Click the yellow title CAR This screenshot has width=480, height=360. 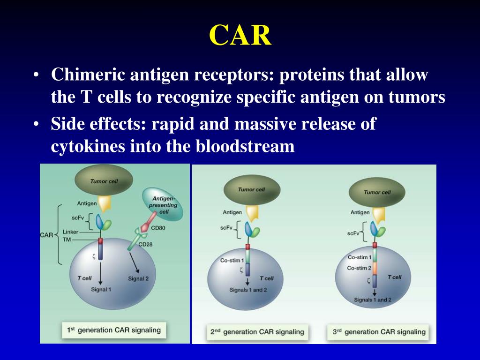coord(240,35)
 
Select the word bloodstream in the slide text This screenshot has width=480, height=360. coord(245,146)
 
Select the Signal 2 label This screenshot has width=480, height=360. coord(138,278)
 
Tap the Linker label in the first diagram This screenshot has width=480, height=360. coord(70,232)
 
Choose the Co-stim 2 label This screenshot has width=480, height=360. coord(360,268)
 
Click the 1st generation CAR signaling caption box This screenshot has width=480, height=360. coord(114,330)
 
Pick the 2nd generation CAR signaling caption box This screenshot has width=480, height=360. coord(257,332)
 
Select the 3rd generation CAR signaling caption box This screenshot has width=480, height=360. coord(379,332)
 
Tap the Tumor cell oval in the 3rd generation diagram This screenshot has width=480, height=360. coord(377,192)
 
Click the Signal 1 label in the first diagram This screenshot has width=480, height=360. coord(101,289)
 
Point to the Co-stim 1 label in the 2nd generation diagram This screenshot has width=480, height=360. coord(232,261)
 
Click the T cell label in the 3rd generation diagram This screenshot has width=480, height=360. coord(394,277)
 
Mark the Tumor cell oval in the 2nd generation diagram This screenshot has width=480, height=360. coord(252,190)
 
